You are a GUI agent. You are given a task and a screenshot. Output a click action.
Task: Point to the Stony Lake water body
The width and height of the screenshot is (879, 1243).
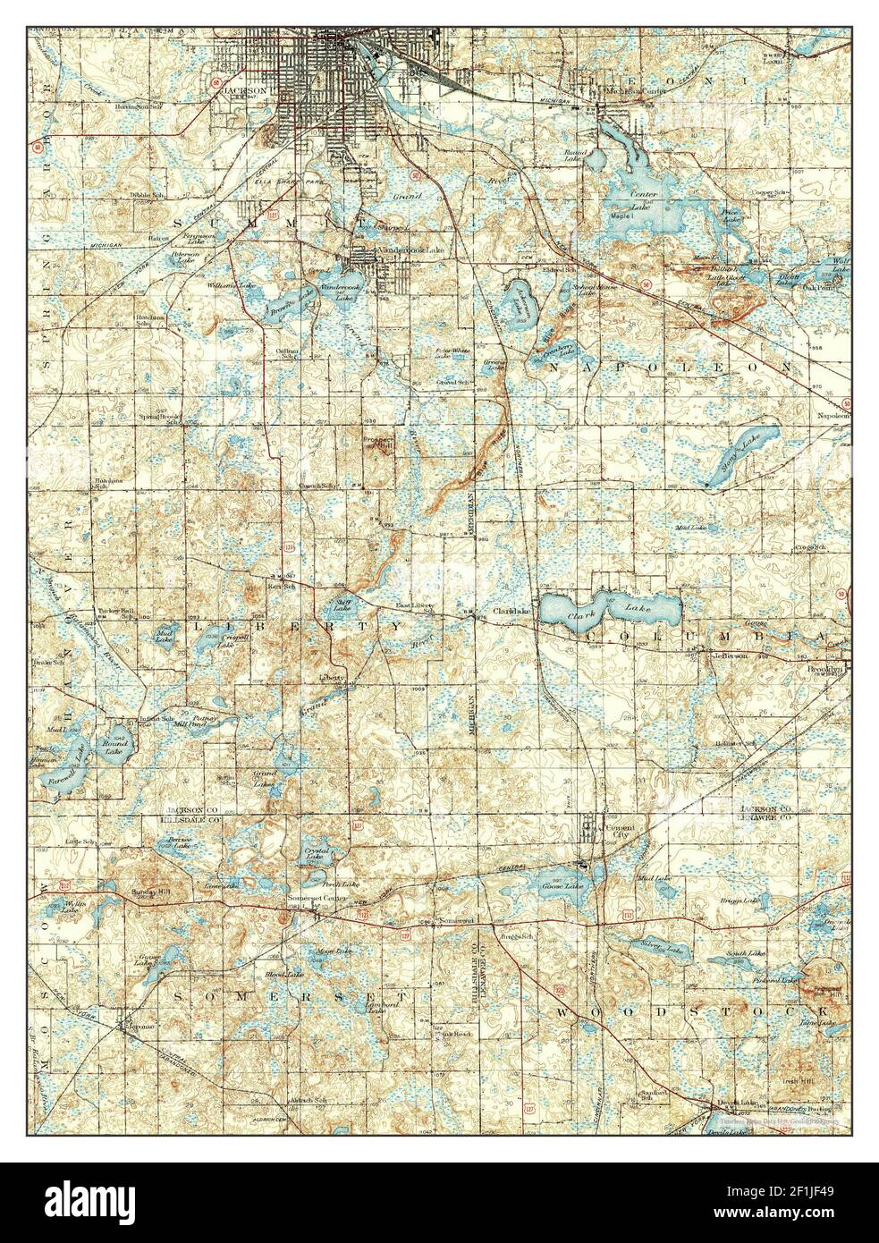741,451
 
